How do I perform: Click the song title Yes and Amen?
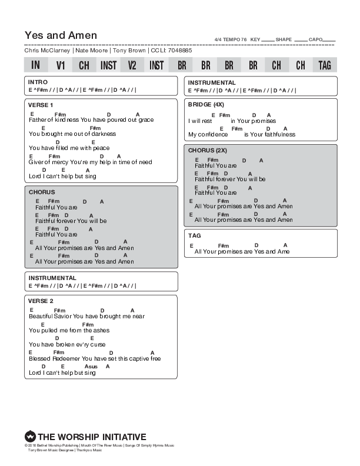(61, 35)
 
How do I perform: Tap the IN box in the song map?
(36, 65)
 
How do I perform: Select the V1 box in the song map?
(61, 65)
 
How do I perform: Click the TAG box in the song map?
(325, 65)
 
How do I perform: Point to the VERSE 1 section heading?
(41, 105)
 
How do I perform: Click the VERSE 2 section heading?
(41, 301)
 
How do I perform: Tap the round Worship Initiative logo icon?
(30, 437)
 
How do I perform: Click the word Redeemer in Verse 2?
(66, 358)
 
